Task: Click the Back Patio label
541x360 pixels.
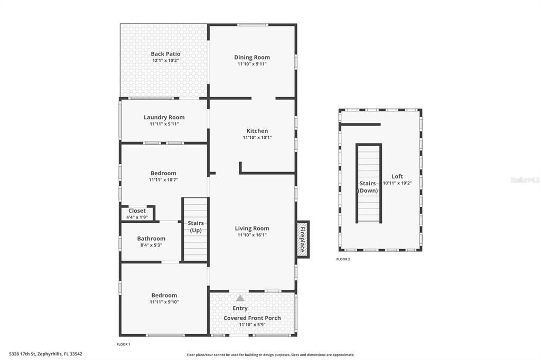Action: [x=165, y=54]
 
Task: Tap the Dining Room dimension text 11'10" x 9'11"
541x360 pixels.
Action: [x=252, y=64]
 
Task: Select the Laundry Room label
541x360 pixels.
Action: [x=164, y=117]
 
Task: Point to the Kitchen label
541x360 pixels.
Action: [x=257, y=131]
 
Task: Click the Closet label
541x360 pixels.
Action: [x=137, y=211]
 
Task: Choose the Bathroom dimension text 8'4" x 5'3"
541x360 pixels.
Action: [x=151, y=245]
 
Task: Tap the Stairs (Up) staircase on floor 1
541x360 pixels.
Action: [x=196, y=229]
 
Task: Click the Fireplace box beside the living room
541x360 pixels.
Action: [x=303, y=239]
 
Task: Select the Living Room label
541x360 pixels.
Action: [x=252, y=229]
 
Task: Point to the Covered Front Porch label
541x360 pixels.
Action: [x=252, y=318]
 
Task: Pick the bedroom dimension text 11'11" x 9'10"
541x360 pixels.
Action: [x=164, y=302]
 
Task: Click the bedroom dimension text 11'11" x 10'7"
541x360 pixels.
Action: [x=163, y=180]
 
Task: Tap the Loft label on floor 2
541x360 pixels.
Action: [x=397, y=176]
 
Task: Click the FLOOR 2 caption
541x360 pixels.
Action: [x=343, y=259]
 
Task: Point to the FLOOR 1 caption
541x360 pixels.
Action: [x=123, y=344]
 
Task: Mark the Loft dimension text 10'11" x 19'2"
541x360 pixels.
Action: [x=397, y=183]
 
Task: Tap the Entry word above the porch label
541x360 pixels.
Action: [x=240, y=308]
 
